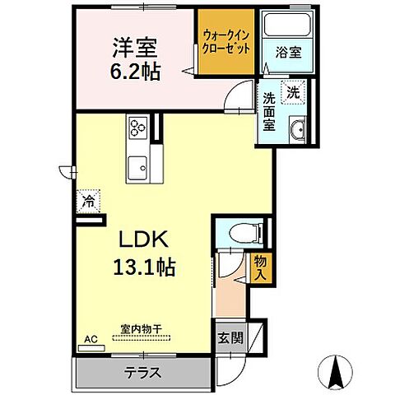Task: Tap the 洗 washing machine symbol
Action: pyautogui.click(x=292, y=93)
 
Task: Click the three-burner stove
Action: pyautogui.click(x=137, y=128)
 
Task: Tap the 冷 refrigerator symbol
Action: pyautogui.click(x=87, y=200)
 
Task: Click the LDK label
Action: pyautogui.click(x=146, y=240)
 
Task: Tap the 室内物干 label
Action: pyautogui.click(x=142, y=329)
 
